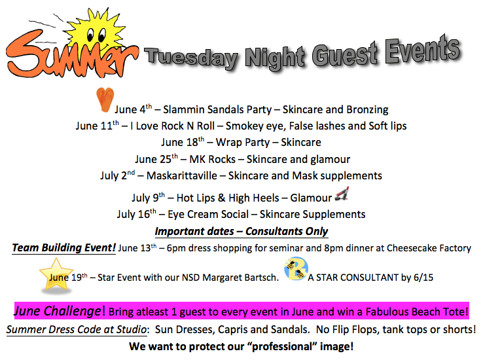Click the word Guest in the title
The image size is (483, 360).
click(x=345, y=54)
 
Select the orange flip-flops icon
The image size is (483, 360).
click(x=105, y=99)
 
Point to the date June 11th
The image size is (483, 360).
click(x=98, y=125)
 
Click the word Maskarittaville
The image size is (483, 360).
click(x=182, y=175)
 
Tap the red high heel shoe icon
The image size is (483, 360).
click(x=342, y=194)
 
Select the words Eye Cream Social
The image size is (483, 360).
click(x=208, y=214)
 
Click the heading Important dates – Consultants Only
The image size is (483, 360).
click(x=241, y=231)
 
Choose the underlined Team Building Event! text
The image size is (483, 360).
click(x=63, y=248)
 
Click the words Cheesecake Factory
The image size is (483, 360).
click(x=429, y=248)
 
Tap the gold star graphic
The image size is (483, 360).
click(x=56, y=276)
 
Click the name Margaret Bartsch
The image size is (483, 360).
click(x=240, y=278)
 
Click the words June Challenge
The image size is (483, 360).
click(x=58, y=312)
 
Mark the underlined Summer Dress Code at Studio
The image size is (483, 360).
click(x=77, y=329)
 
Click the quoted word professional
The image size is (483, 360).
click(x=282, y=346)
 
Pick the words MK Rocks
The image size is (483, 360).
click(x=212, y=159)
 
